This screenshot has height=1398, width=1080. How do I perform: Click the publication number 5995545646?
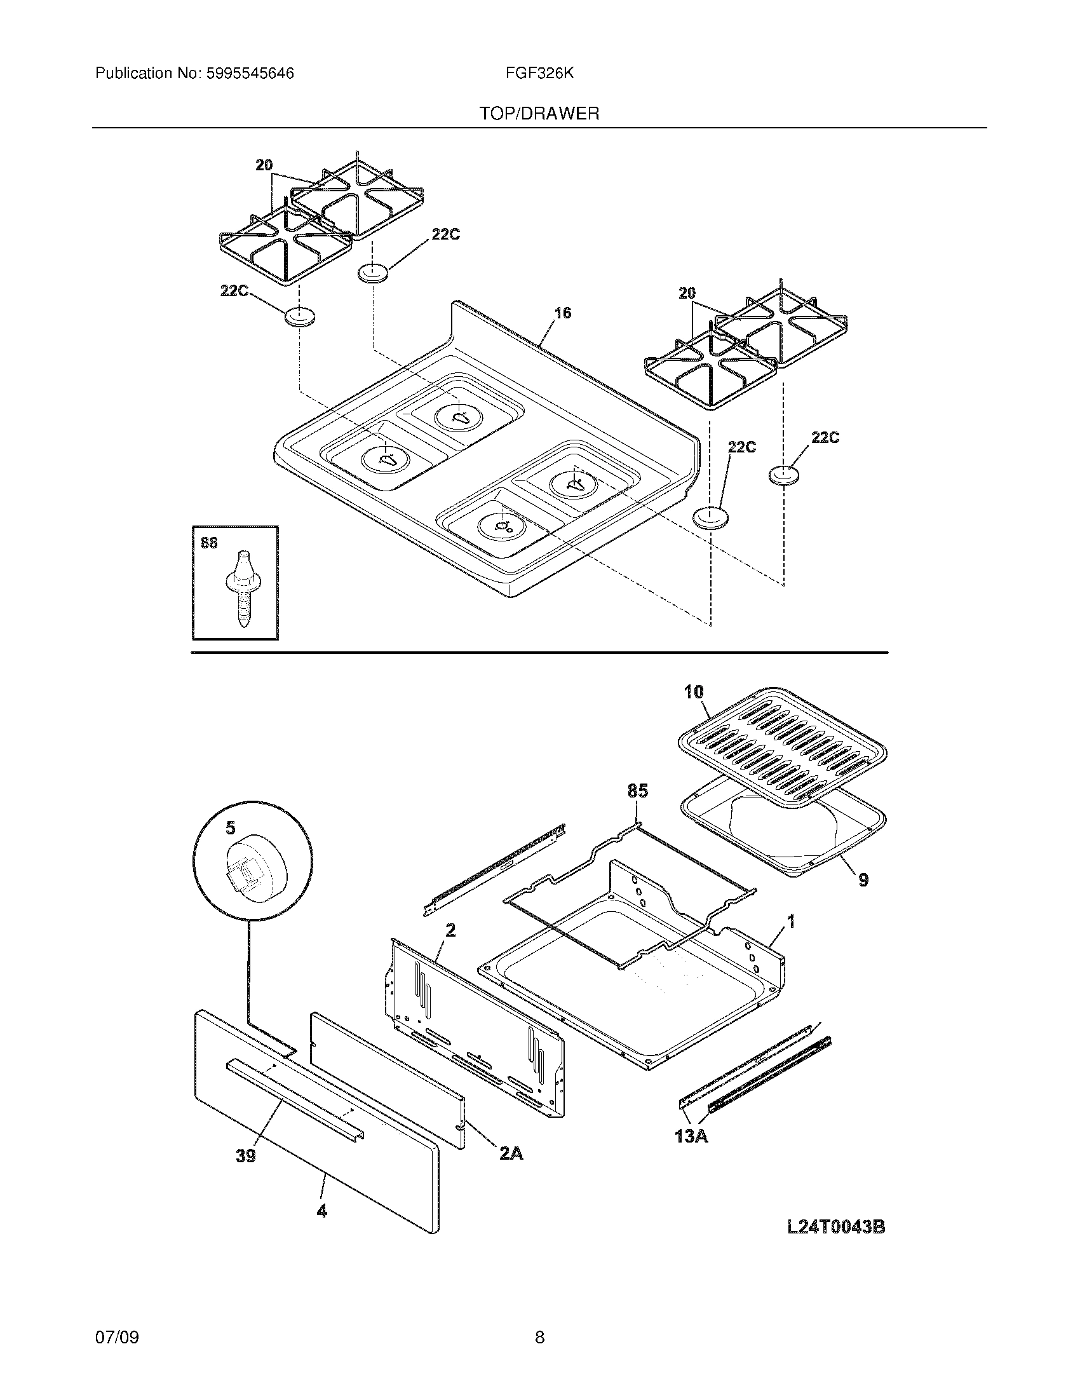[x=250, y=74]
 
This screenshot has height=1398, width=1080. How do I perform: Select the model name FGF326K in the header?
[x=539, y=74]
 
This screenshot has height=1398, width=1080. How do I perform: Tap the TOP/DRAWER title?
[x=539, y=114]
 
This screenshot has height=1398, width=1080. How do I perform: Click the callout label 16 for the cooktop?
[x=562, y=313]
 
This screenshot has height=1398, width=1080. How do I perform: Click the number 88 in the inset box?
[x=209, y=543]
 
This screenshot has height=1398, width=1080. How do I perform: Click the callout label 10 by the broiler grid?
[x=693, y=691]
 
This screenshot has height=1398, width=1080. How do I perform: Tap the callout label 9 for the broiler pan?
[x=863, y=880]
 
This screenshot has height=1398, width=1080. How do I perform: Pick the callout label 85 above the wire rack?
[x=637, y=791]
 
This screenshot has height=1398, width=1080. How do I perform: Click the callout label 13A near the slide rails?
[x=692, y=1136]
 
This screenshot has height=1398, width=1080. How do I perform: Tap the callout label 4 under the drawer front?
[x=322, y=1211]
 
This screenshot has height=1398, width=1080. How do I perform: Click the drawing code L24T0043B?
[x=835, y=1227]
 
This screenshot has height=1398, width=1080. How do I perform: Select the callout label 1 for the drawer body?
[x=791, y=922]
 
